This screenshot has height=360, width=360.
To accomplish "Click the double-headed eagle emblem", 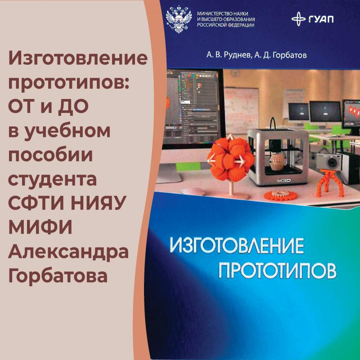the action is coord(179,19).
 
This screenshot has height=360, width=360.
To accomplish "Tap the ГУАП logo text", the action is coord(321,19).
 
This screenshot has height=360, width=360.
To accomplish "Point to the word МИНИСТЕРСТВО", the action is coord(211,13).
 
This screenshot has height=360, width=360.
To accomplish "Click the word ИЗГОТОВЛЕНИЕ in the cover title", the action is coord(237,246).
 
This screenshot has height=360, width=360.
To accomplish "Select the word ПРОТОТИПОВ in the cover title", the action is coord(277,271).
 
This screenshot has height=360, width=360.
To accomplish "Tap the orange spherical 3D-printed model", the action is coord(230,158).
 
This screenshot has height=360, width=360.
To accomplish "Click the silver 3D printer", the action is coord(278,156).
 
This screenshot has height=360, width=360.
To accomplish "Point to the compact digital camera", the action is coord(329,162).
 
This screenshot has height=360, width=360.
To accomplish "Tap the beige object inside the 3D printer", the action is coord(277,162).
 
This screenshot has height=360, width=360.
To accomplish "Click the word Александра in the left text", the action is coord(68,252).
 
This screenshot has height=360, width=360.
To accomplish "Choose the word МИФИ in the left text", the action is coord(40,227).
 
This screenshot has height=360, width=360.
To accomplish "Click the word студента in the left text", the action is coord(52,179).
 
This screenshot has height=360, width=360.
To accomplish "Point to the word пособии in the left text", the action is coord(50,154).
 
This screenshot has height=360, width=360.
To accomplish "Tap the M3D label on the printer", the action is coord(284,181).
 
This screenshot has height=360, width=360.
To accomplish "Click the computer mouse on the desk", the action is coord(193,191).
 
